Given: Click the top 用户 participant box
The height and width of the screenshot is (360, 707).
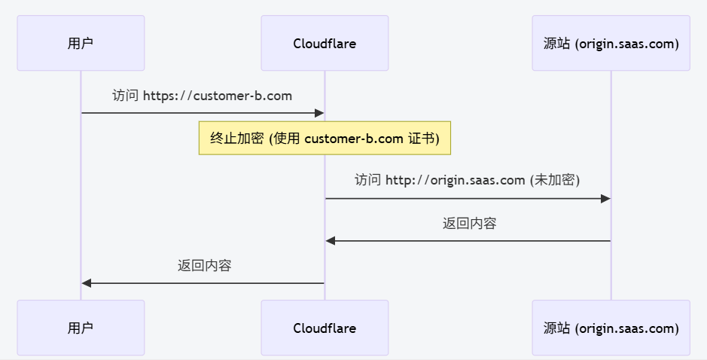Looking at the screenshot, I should point(81,43).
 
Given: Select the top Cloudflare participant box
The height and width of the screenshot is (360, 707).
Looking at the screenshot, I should point(325,43).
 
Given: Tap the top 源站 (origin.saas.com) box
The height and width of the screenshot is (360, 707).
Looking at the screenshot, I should point(611,43).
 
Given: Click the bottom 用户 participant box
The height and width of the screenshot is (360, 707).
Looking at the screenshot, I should point(81,328).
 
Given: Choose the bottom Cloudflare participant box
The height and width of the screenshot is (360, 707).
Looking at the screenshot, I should point(325,328).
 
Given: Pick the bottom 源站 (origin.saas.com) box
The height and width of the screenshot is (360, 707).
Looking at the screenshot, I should point(611,328).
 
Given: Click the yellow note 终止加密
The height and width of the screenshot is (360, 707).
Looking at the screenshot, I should point(325,138).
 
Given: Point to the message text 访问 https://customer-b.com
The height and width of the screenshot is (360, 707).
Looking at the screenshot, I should point(202,96).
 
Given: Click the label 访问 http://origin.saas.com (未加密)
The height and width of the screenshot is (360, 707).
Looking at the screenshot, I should point(467,180).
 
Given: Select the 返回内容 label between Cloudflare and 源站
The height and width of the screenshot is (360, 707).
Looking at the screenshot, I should point(469,223).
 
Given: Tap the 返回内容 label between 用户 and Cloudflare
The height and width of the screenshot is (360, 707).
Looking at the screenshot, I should point(204,265).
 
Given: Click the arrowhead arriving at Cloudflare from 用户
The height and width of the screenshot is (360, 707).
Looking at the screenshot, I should point(319,113).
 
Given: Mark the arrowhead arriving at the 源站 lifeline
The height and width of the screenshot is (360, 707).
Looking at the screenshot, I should point(605,198).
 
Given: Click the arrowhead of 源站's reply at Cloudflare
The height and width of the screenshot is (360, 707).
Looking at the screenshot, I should point(331,241).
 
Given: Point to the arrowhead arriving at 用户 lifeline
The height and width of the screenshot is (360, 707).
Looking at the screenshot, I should point(87,283).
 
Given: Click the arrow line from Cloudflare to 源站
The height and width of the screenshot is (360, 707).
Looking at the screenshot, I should point(467,198).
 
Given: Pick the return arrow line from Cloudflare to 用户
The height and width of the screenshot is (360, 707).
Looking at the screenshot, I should point(204,283).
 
